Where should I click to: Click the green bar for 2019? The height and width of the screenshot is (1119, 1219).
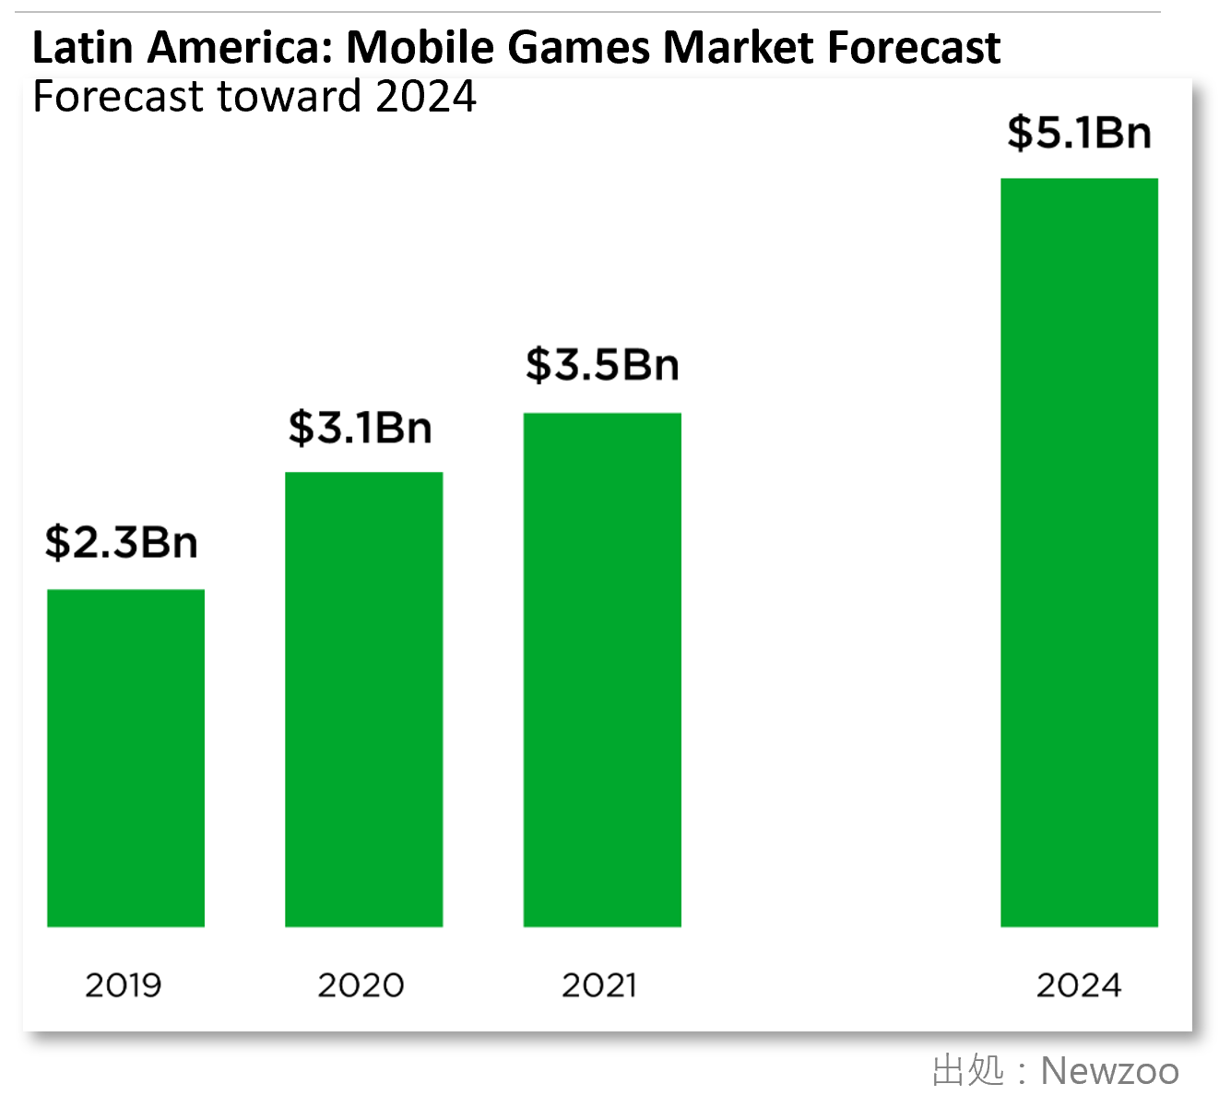pyautogui.click(x=125, y=758)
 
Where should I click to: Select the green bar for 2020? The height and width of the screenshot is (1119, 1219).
pyautogui.click(x=363, y=699)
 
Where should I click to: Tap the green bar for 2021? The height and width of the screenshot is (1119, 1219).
pyautogui.click(x=602, y=669)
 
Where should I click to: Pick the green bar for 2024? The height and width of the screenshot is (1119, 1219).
pyautogui.click(x=1079, y=552)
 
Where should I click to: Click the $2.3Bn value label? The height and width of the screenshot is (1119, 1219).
pyautogui.click(x=122, y=542)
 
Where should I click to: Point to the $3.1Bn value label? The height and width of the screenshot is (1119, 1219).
pyautogui.click(x=361, y=428)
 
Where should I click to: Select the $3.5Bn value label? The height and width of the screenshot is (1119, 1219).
pyautogui.click(x=602, y=365)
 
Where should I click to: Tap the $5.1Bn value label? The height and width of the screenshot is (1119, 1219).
pyautogui.click(x=1079, y=133)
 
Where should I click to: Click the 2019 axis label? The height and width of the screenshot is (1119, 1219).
pyautogui.click(x=124, y=985)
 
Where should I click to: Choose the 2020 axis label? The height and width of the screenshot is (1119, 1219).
pyautogui.click(x=361, y=985)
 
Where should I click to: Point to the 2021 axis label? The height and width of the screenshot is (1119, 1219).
pyautogui.click(x=599, y=985)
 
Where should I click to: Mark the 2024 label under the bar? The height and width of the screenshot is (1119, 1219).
pyautogui.click(x=1079, y=985)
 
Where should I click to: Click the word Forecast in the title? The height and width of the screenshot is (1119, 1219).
pyautogui.click(x=118, y=97)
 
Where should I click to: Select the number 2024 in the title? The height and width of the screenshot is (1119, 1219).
pyautogui.click(x=426, y=97)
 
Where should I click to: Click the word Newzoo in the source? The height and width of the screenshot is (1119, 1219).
pyautogui.click(x=1109, y=1071)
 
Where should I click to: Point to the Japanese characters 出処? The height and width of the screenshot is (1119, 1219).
pyautogui.click(x=968, y=1071)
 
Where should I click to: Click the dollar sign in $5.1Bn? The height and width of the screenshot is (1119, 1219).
pyautogui.click(x=1019, y=133)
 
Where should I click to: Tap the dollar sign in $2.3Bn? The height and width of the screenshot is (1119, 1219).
pyautogui.click(x=57, y=542)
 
